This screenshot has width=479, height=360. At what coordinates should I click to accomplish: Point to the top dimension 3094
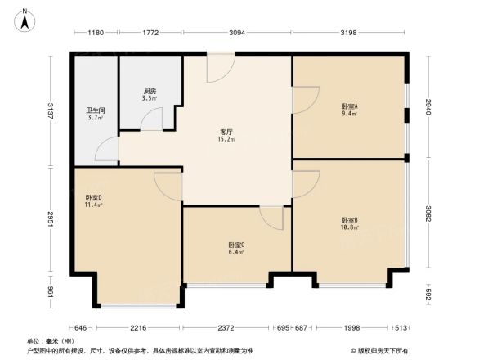click(237, 33)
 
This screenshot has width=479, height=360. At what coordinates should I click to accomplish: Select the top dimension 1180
click(96, 33)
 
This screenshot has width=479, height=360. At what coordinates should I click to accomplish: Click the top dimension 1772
click(150, 33)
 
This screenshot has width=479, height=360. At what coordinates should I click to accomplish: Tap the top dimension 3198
click(348, 33)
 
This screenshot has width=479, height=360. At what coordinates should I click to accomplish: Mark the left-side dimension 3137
click(51, 110)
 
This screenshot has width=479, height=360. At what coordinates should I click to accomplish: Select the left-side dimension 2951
click(51, 220)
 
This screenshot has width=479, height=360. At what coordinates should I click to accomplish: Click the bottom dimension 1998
click(351, 327)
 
